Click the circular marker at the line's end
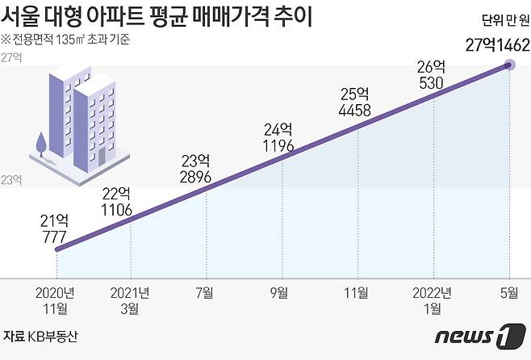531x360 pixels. click(510, 64)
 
